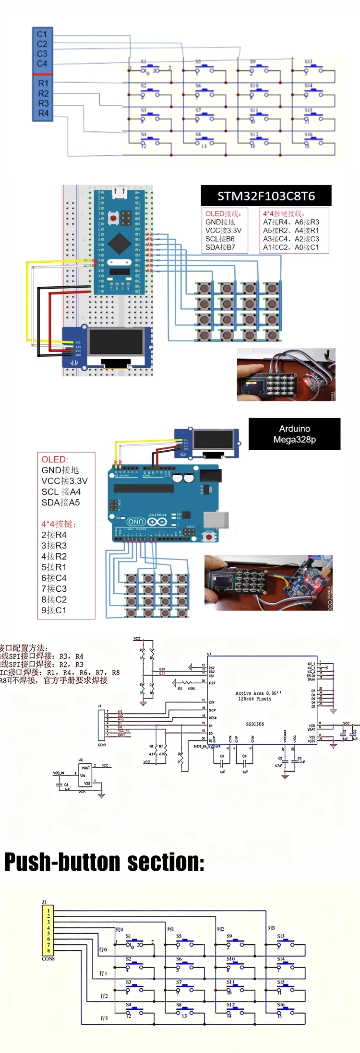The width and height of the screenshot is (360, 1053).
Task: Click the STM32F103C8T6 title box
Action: (x=266, y=196)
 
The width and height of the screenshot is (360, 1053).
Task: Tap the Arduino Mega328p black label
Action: (x=294, y=434)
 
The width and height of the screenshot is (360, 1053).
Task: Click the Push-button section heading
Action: (x=104, y=862)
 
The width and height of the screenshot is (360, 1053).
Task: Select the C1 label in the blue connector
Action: (x=42, y=34)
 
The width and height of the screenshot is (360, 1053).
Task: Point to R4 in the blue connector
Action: (x=43, y=113)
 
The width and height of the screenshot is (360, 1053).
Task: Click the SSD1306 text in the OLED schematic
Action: (x=255, y=724)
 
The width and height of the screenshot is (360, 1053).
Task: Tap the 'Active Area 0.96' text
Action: (x=258, y=693)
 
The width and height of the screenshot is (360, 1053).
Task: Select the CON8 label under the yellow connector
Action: (x=48, y=959)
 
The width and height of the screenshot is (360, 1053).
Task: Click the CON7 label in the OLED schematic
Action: (x=102, y=745)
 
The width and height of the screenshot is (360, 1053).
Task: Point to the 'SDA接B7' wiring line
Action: (x=220, y=247)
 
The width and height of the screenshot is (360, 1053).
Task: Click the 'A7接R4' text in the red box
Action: (x=276, y=222)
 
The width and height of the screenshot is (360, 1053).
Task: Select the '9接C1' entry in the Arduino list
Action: (x=54, y=610)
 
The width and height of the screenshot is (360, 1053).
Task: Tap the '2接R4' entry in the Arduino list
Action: (x=54, y=535)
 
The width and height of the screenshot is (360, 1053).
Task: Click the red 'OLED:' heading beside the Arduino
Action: (x=55, y=459)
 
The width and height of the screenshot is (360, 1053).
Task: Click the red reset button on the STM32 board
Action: (x=113, y=219)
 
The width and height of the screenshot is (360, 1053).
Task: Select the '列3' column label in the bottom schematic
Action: (x=271, y=928)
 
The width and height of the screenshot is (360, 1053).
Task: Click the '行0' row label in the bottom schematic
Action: (x=103, y=950)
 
